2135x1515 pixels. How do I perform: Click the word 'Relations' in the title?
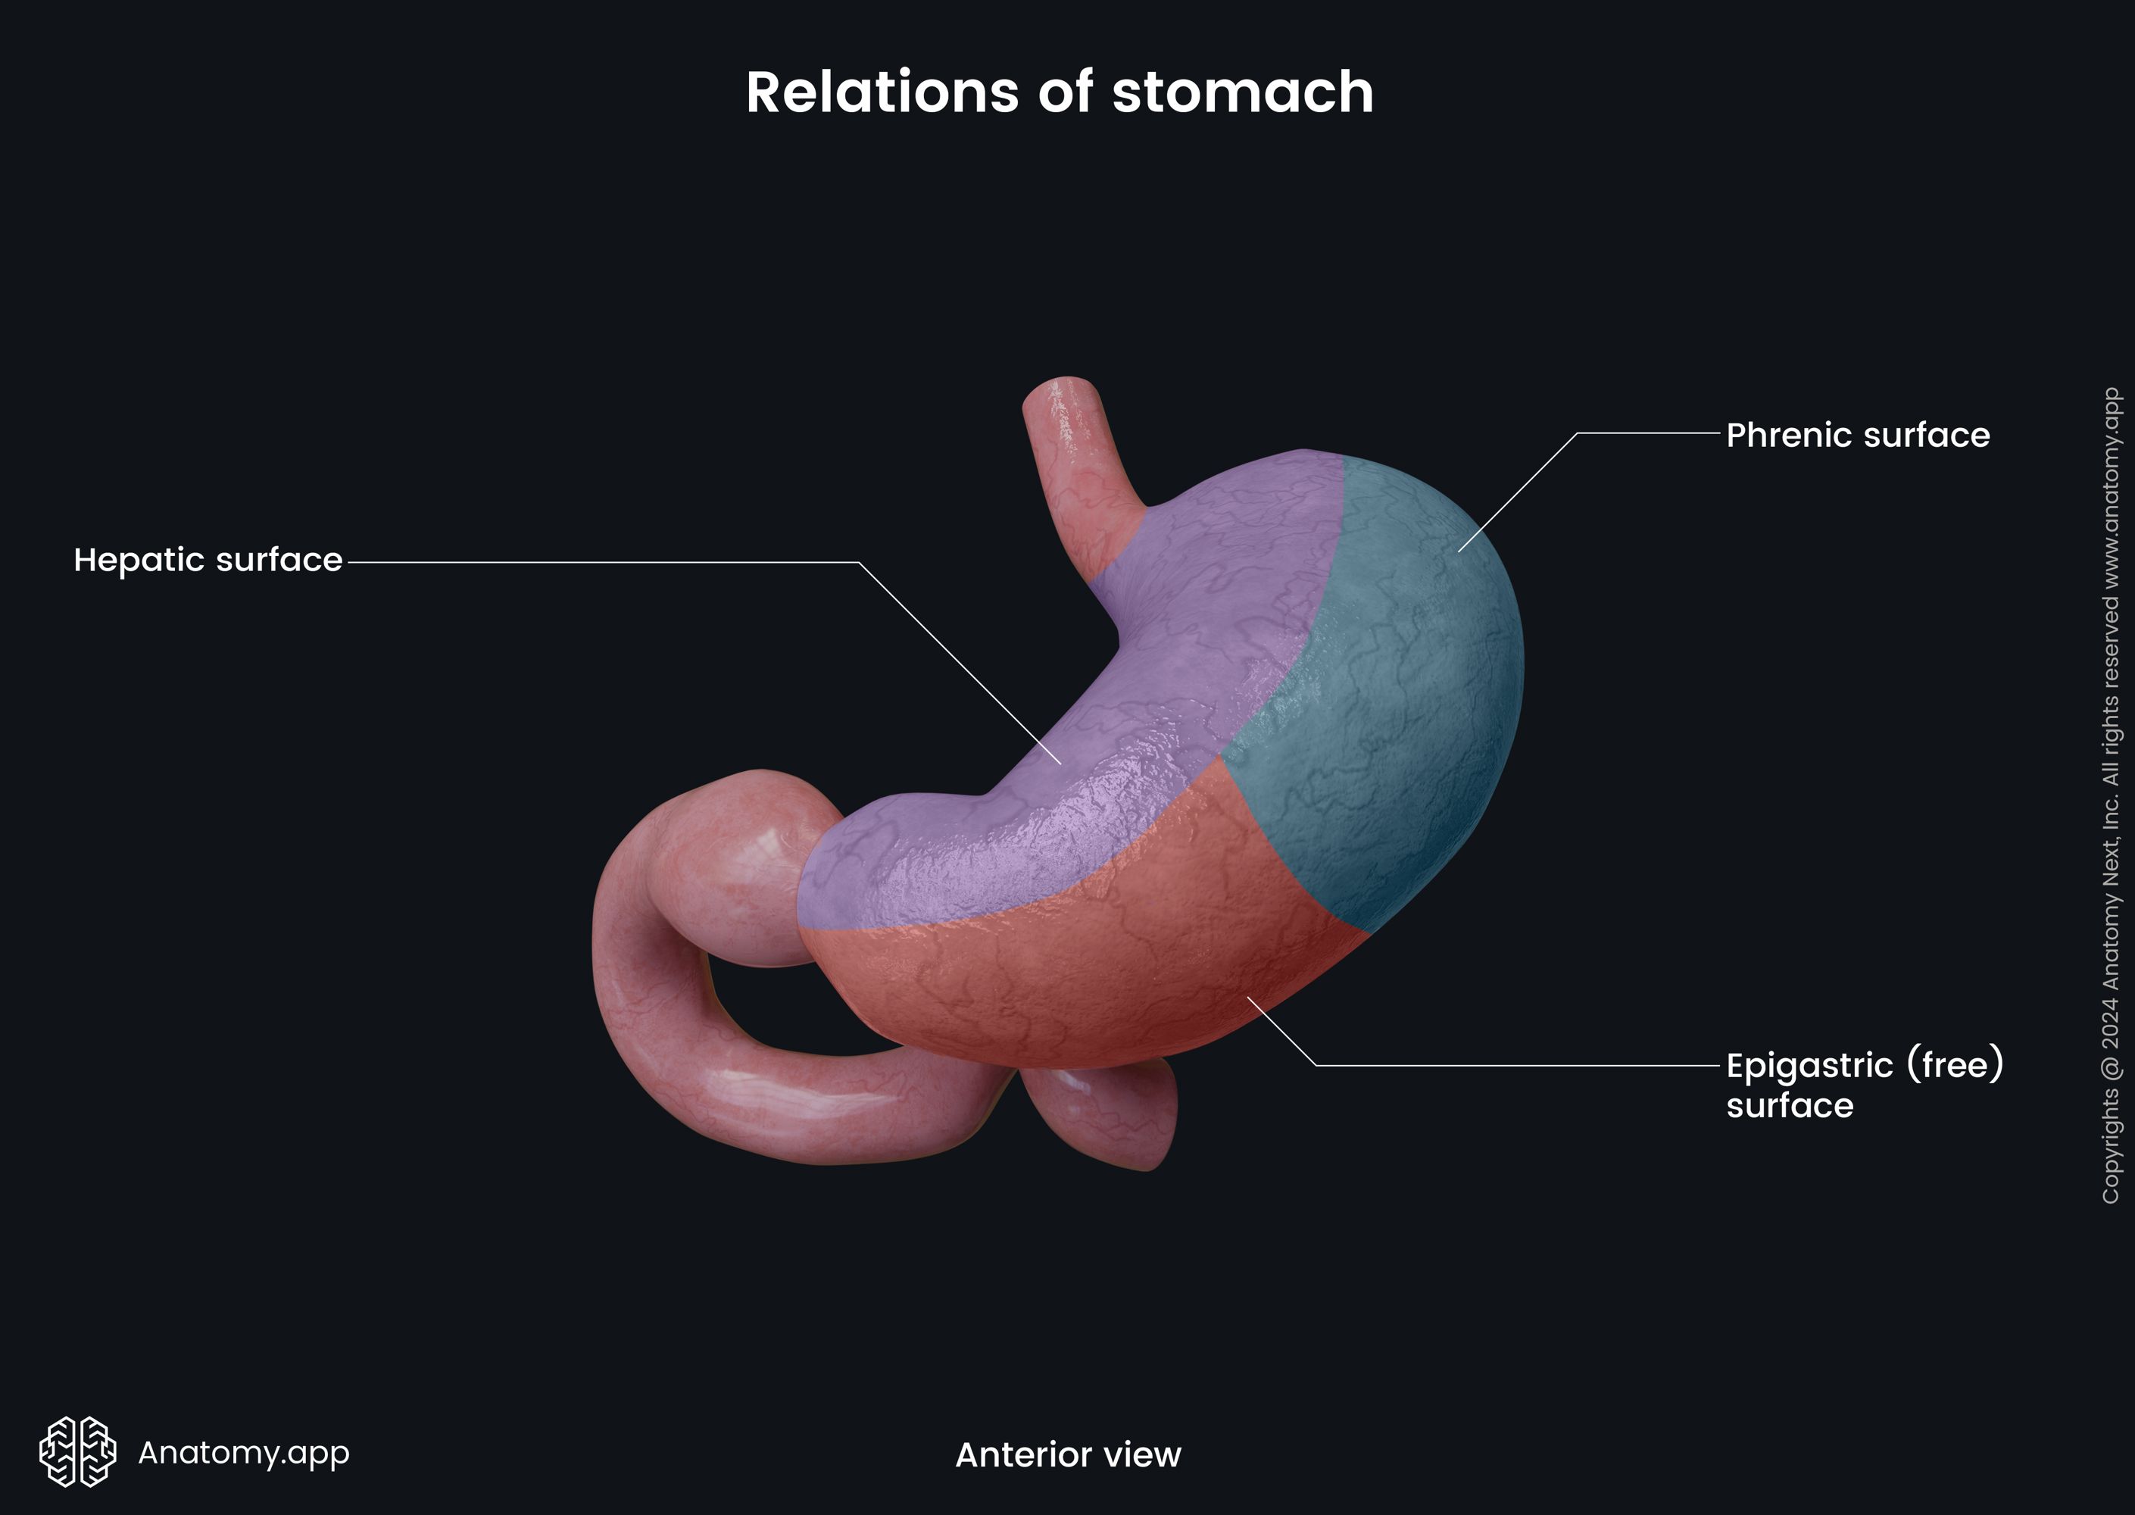882,92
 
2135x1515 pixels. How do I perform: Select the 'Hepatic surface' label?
208,560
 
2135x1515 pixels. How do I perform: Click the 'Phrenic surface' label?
1857,436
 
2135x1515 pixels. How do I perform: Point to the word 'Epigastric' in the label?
1809,1065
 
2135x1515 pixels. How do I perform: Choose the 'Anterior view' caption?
1068,1454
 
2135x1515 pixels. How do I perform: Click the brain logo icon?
77,1451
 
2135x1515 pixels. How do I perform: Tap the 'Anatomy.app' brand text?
243,1452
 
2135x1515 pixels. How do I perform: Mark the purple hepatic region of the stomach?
1166,653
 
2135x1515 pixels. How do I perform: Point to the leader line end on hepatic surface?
1060,763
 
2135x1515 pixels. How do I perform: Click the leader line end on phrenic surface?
1459,551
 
